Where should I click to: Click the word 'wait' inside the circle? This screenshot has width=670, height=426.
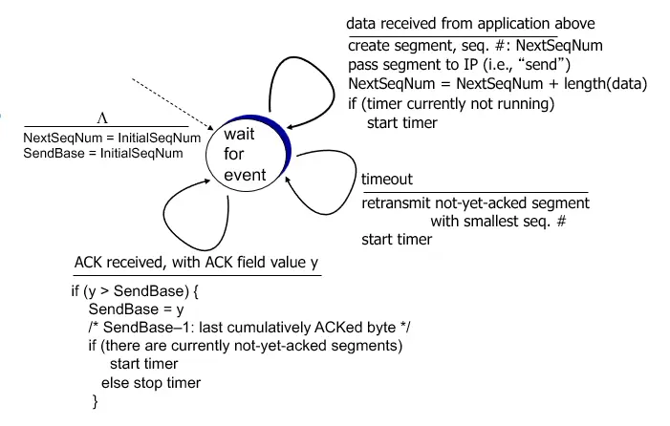point(239,134)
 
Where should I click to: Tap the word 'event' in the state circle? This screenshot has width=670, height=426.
point(245,175)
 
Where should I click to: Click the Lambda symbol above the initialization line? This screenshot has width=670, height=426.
point(102,117)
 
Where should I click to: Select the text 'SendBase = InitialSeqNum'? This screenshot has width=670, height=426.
point(103,153)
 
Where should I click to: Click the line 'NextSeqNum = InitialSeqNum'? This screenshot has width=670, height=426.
point(112,138)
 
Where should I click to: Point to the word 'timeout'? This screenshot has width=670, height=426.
point(387,179)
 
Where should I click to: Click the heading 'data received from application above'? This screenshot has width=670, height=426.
point(470,24)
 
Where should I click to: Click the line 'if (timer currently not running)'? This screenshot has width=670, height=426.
point(451,104)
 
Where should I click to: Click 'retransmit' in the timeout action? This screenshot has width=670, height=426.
point(396,202)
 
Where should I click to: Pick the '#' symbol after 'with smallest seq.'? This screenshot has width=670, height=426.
point(561,221)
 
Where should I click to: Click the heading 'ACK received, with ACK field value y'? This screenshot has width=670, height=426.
point(197,262)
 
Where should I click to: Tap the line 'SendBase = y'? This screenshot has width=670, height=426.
point(137,309)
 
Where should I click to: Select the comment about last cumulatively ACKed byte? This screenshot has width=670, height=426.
point(249,328)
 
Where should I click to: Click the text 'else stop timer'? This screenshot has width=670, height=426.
point(151,382)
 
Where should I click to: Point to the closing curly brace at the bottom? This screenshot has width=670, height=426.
point(95,402)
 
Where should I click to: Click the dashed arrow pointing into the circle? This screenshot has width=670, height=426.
point(173,104)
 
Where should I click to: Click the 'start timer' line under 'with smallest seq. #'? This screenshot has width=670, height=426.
point(397,240)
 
